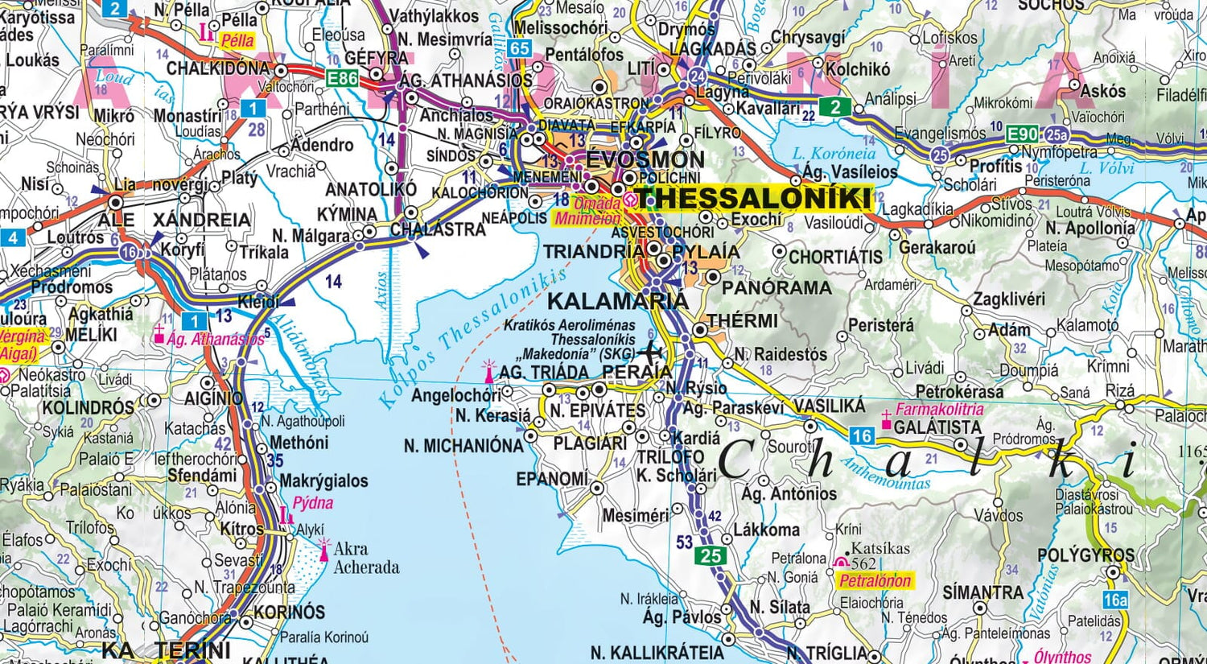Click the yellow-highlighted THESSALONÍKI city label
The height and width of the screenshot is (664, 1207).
753,198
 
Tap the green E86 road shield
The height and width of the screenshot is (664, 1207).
343,78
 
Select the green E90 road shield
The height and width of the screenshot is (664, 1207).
1023,134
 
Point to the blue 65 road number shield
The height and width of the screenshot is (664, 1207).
520,48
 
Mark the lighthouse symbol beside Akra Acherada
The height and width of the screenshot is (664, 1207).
324,548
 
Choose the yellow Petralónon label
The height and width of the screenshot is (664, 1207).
875,580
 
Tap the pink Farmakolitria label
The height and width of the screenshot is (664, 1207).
939,409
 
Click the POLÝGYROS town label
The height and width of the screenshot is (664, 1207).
1085,555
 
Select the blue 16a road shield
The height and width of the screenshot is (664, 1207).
1115,600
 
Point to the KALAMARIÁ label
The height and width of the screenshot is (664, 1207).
617,301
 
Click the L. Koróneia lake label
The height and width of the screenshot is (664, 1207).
833,153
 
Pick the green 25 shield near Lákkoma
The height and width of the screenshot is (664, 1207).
711,555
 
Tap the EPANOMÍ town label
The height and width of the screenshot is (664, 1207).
552,479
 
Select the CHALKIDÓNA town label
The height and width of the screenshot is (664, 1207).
218,68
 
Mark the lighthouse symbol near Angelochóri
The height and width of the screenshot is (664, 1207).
488,371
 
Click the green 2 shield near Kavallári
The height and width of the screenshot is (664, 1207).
835,106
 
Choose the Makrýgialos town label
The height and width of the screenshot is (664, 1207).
323,480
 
